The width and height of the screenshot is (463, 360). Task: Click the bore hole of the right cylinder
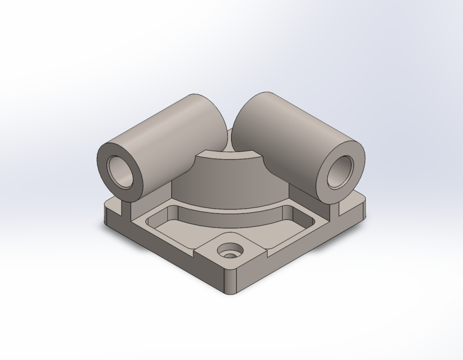(x=340, y=170)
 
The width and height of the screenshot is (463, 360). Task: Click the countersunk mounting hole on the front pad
(x=231, y=250)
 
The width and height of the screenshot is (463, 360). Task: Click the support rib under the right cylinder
(x=336, y=210)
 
